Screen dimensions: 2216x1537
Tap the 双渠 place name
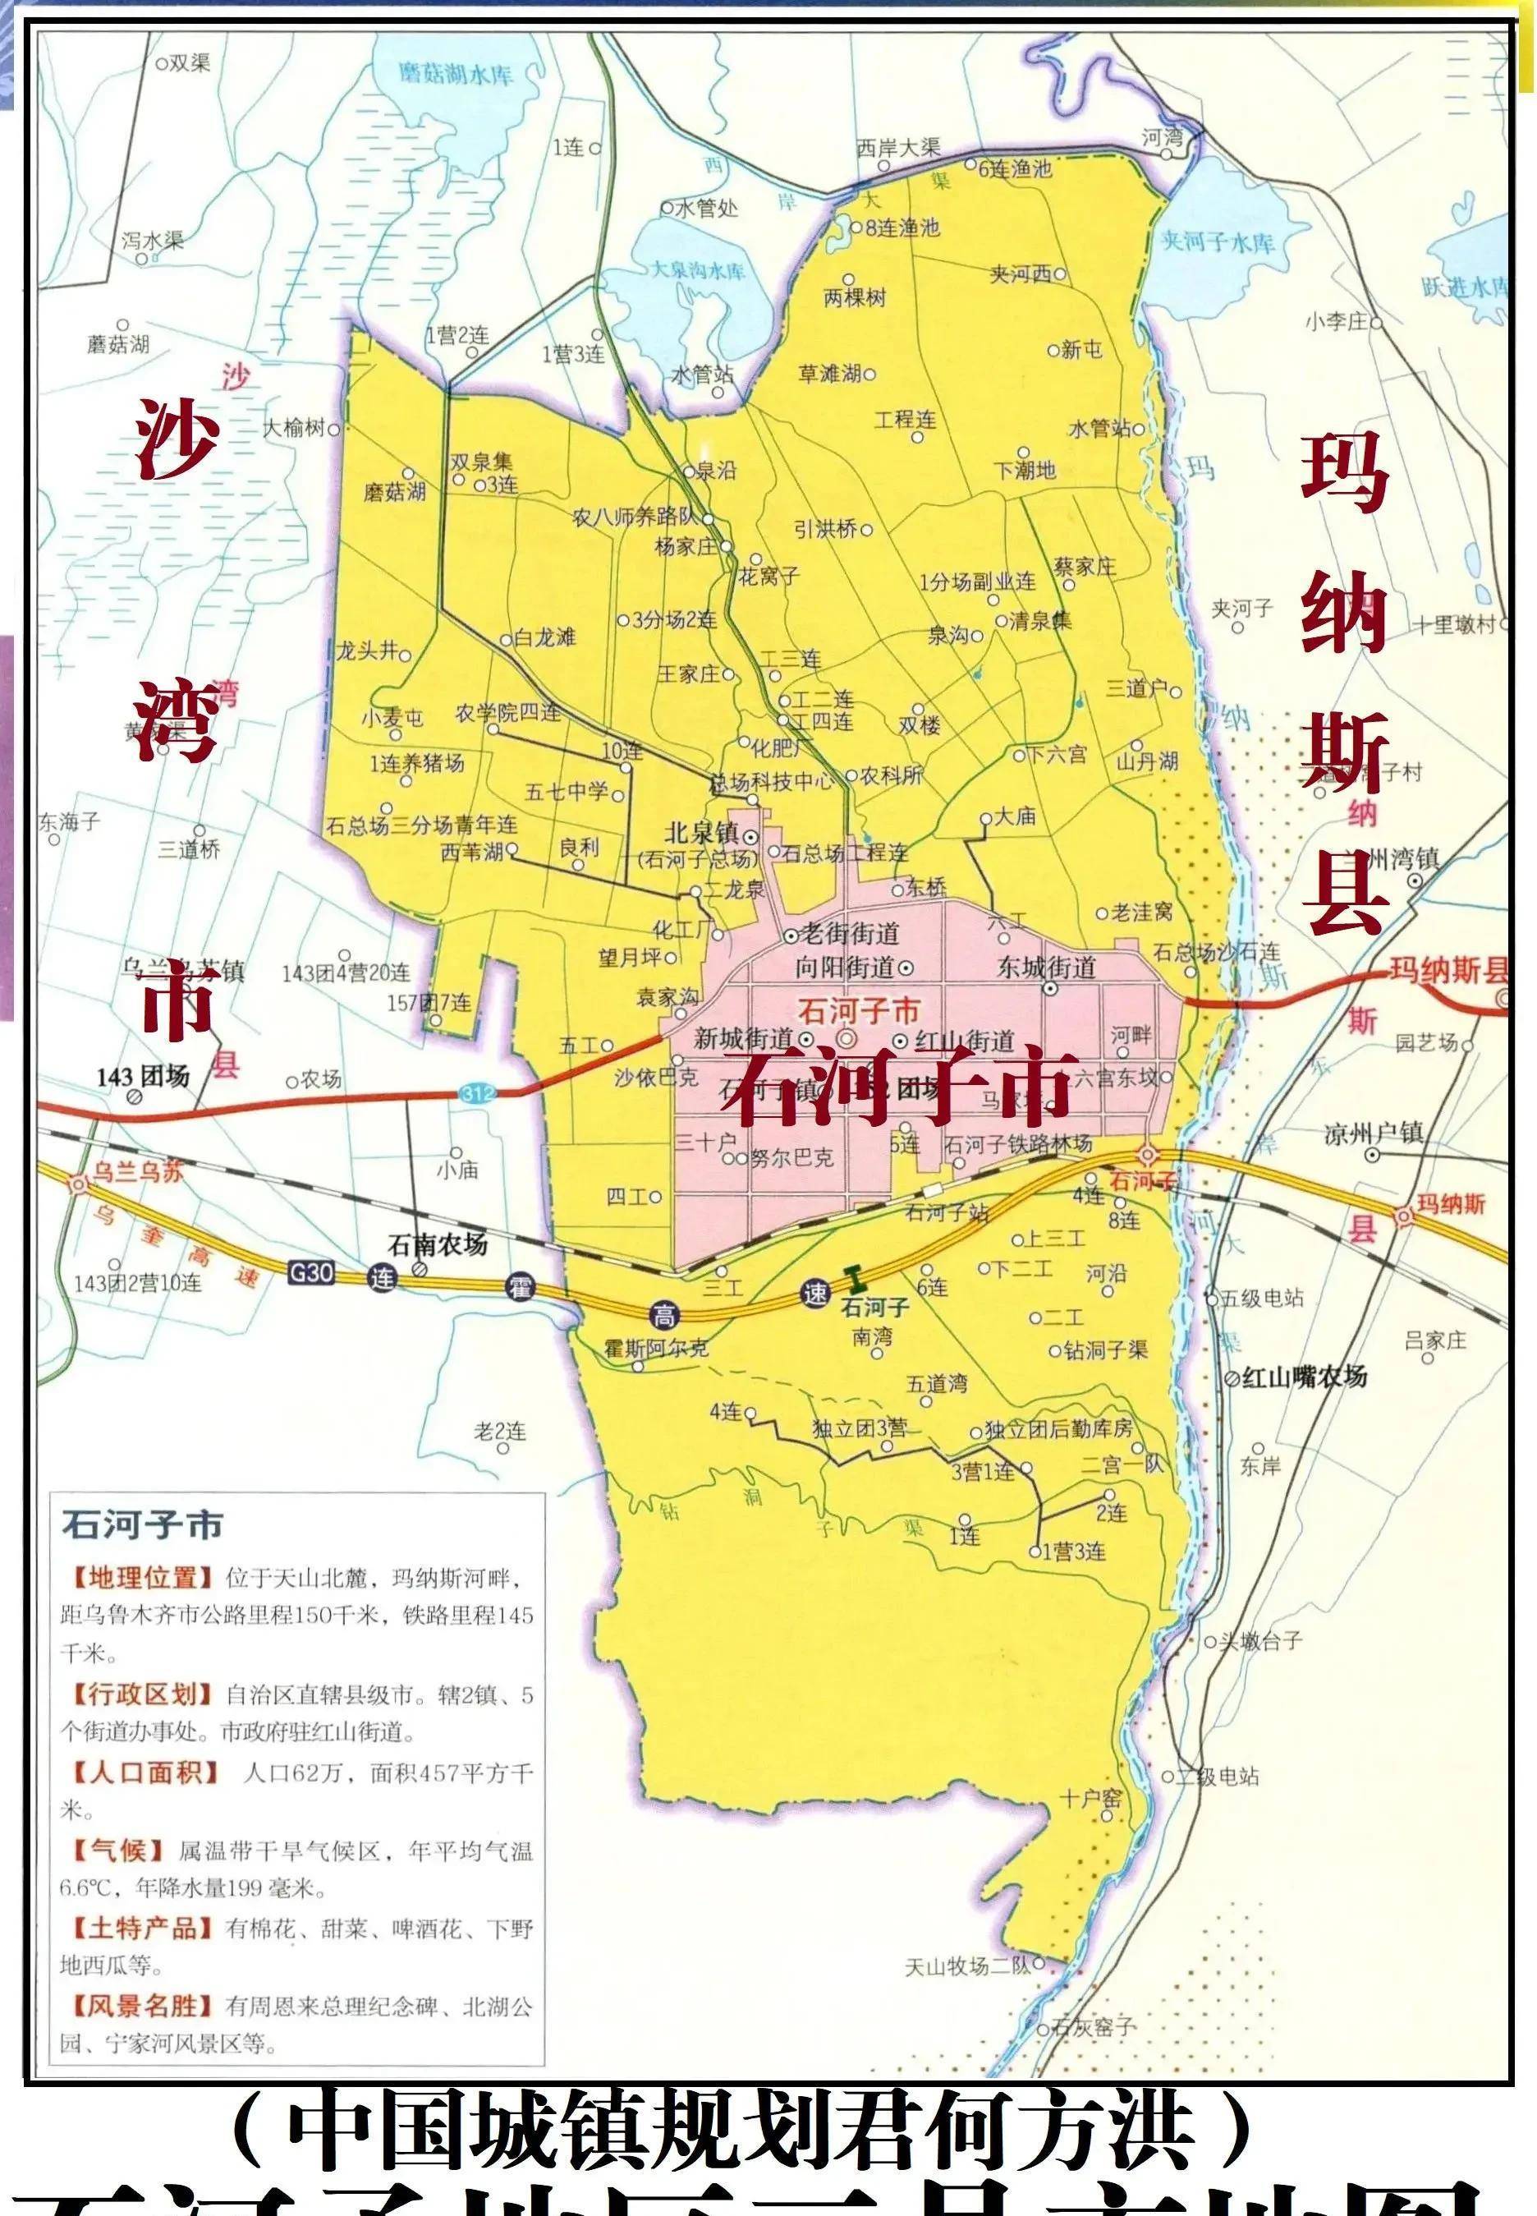tap(189, 63)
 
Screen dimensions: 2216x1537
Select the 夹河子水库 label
tap(1218, 241)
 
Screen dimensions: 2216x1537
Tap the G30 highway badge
tap(311, 1273)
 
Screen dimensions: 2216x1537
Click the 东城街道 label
tap(1046, 967)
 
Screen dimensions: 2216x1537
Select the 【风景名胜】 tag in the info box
tap(140, 2006)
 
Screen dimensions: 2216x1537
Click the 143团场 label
tap(143, 1076)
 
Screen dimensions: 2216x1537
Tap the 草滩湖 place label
tap(829, 373)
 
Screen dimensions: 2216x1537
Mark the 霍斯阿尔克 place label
tap(656, 1347)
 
